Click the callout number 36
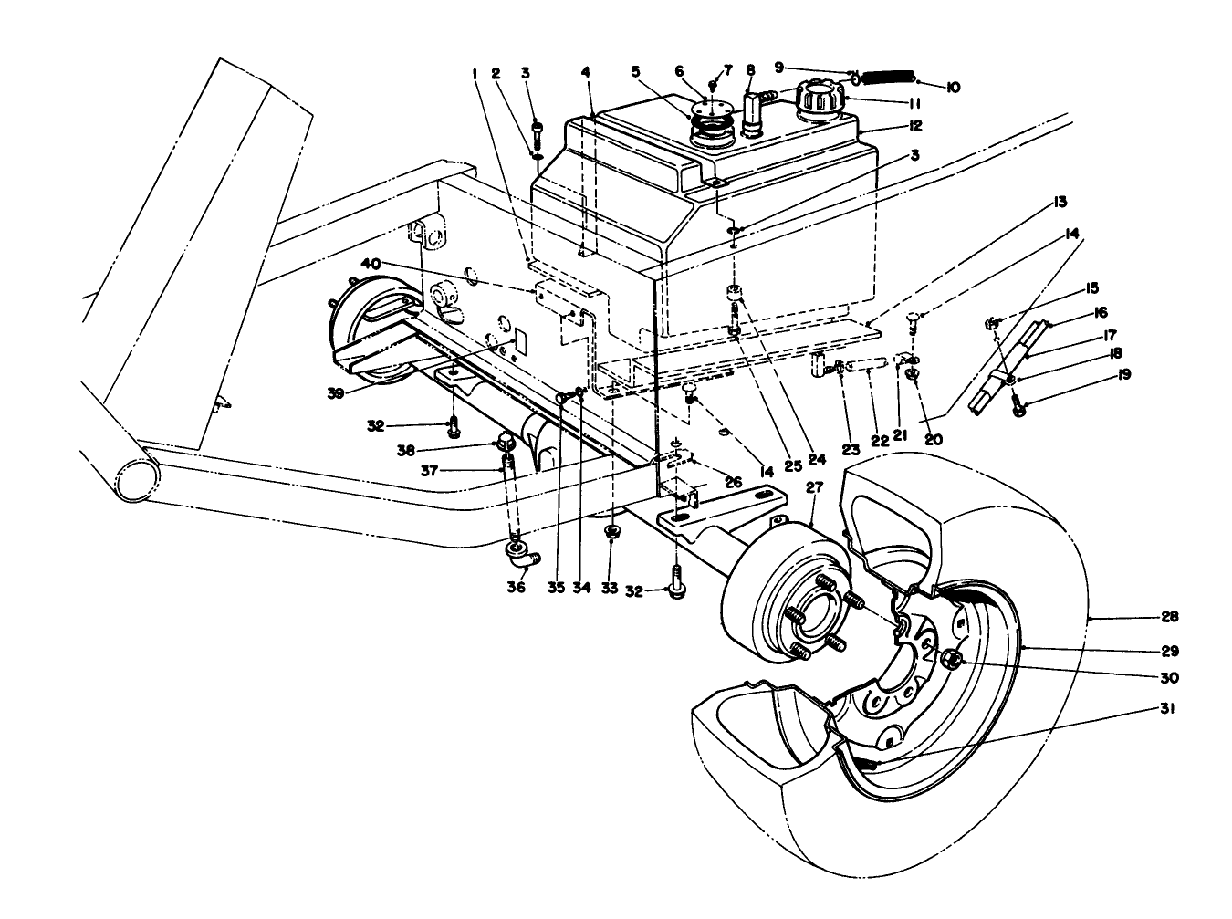tap(517, 589)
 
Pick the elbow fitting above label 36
tap(520, 551)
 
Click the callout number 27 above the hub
tap(814, 488)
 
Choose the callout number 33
tap(610, 589)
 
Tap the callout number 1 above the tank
tap(475, 72)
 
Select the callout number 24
tap(817, 459)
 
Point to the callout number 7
tap(727, 69)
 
